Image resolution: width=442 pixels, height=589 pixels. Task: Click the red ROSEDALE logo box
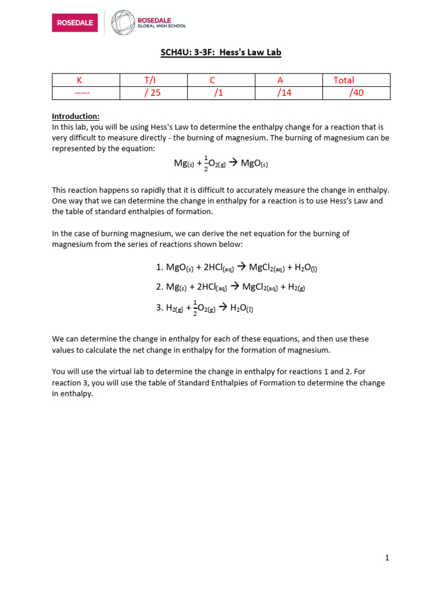[75, 22]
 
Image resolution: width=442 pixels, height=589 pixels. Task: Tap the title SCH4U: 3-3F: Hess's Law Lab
[220, 53]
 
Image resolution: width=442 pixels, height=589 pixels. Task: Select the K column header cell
[86, 80]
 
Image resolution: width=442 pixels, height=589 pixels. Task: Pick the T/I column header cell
[153, 80]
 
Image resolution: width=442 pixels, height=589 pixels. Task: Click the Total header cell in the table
[344, 80]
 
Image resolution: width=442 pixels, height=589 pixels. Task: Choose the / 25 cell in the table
[153, 93]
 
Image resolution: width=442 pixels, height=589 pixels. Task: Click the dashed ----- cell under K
[86, 93]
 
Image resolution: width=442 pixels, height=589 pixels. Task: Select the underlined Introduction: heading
[76, 116]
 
